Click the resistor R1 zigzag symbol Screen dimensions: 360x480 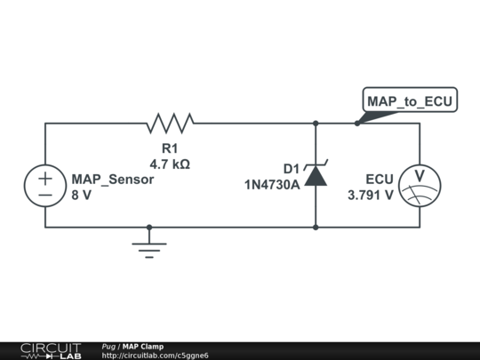[170, 123]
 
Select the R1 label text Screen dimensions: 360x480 [170, 148]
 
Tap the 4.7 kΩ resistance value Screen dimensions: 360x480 [170, 164]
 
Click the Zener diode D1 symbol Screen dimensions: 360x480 [316, 175]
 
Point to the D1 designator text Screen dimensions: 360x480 [292, 169]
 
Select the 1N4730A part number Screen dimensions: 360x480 [273, 185]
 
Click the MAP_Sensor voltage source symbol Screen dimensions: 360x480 [44, 187]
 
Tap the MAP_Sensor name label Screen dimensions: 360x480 [112, 179]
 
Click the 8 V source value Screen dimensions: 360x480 [81, 196]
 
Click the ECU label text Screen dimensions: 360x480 [380, 179]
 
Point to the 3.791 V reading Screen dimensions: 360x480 [371, 196]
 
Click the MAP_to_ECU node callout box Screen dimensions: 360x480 [411, 101]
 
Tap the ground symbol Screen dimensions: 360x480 [149, 246]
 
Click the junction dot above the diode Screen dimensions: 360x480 [316, 124]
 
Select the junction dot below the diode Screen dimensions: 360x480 [316, 227]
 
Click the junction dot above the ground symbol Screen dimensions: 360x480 [149, 227]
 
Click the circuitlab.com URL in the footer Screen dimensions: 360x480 [156, 356]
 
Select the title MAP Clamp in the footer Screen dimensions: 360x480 [143, 346]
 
